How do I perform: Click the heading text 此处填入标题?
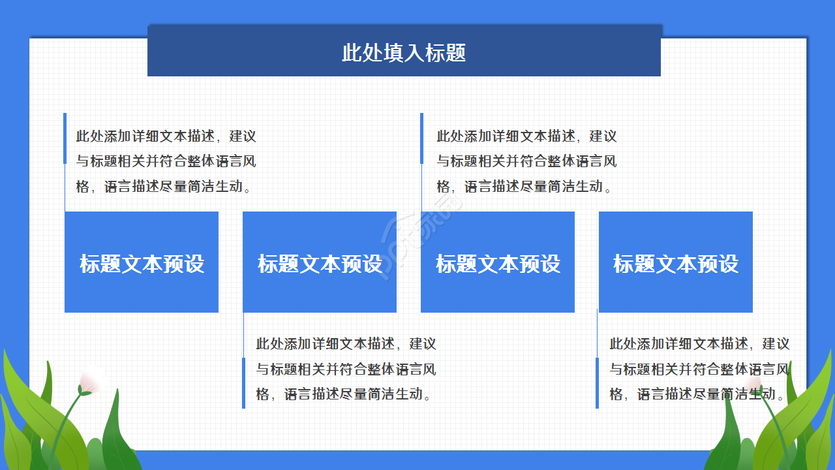404,53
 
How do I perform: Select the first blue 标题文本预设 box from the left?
142,262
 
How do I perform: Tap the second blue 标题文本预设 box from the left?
320,262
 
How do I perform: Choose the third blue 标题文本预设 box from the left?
498,262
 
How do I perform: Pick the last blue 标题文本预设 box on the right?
676,262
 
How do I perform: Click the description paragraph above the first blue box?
166,161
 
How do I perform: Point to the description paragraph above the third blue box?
526,161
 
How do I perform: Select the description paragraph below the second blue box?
346,369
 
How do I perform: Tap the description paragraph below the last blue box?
699,369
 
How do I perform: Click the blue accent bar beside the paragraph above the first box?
65,138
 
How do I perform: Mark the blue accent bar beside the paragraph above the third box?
421,138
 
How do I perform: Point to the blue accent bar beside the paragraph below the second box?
243,383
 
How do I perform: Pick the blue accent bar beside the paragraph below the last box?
597,383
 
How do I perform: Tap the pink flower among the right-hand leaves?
755,382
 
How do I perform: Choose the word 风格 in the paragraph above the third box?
609,161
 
